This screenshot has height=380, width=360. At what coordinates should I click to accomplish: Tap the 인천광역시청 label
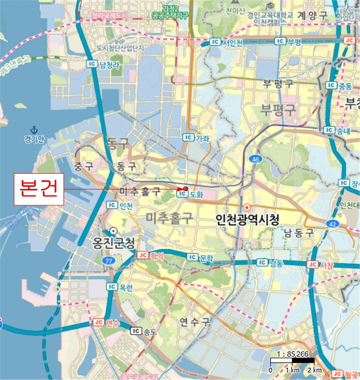pyautogui.click(x=247, y=220)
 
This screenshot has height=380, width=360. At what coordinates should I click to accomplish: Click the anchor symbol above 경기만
pyautogui.click(x=34, y=130)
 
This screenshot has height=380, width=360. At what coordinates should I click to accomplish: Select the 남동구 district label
pyautogui.click(x=299, y=233)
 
